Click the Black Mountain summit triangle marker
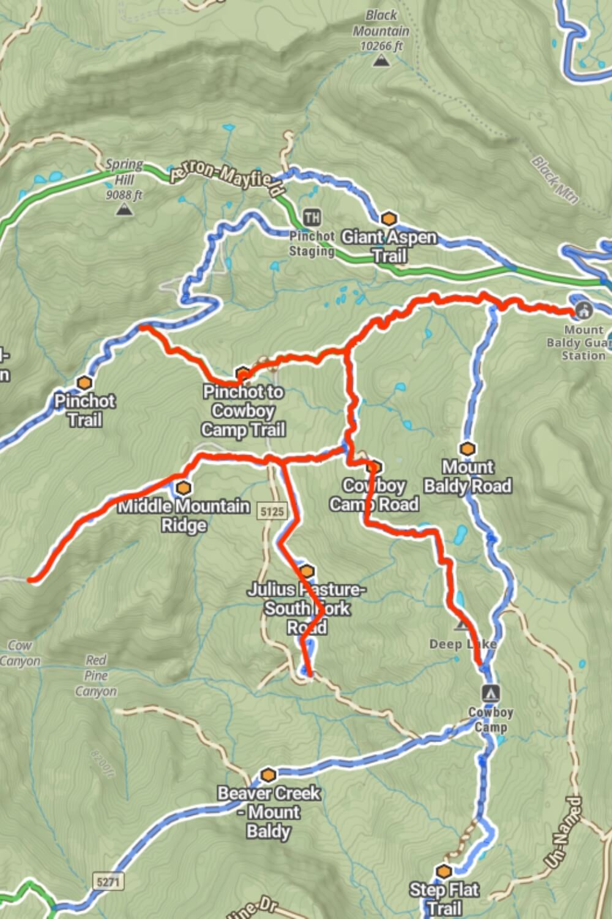click(381, 61)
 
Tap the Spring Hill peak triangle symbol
click(125, 210)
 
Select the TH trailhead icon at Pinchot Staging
click(312, 217)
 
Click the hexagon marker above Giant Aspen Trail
click(389, 219)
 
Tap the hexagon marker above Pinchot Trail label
click(84, 383)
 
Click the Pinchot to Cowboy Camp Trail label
click(244, 410)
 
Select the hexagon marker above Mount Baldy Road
click(468, 449)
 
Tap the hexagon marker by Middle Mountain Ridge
click(183, 488)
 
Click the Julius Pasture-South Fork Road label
click(307, 608)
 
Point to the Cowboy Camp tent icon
click(490, 693)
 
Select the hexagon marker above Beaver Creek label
click(268, 775)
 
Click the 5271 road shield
click(108, 882)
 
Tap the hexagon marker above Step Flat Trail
click(444, 871)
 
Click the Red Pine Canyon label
click(96, 676)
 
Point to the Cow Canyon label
click(20, 653)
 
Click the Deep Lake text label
click(463, 644)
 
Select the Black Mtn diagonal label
click(554, 180)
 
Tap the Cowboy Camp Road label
click(374, 495)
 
